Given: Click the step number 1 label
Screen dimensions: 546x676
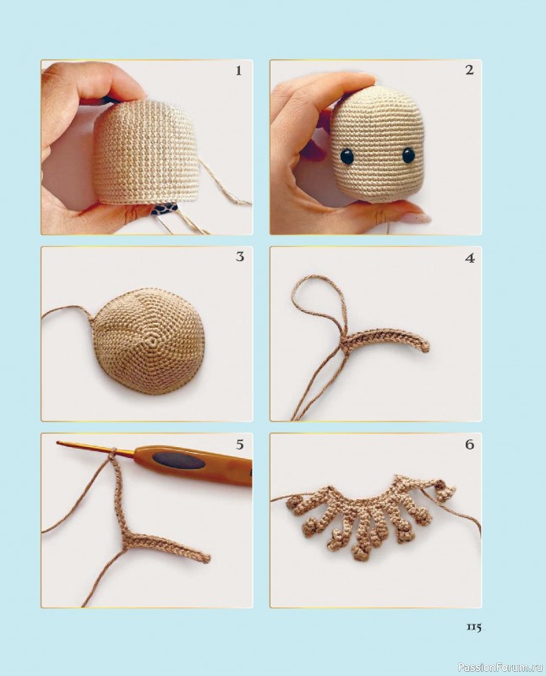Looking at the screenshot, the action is [x=238, y=71].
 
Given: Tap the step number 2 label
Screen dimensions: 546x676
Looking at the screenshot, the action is [x=469, y=70].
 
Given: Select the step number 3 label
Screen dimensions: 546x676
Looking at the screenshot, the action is [x=240, y=257].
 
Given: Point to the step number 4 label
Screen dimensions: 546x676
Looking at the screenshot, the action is [x=470, y=259].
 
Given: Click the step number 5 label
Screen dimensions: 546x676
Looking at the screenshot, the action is [x=240, y=444].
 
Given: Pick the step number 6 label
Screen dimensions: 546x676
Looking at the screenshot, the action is [x=470, y=444].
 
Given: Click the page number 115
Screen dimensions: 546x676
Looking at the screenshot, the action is [x=473, y=627].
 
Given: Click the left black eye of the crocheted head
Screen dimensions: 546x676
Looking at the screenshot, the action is [x=347, y=156].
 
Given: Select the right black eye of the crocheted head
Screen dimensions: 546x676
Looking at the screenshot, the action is [x=407, y=155].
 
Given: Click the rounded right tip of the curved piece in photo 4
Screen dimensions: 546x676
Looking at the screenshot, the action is [x=425, y=347].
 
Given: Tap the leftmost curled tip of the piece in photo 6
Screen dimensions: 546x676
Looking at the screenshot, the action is [x=292, y=501].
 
